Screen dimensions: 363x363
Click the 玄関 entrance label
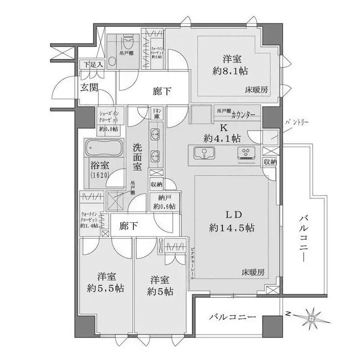click(x=88, y=87)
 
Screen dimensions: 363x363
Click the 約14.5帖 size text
click(x=231, y=228)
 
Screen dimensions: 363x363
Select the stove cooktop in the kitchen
click(x=248, y=153)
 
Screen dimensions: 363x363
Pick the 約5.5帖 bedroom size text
click(x=107, y=289)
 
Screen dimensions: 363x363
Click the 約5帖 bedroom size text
click(x=159, y=292)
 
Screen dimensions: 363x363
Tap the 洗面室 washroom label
click(x=137, y=157)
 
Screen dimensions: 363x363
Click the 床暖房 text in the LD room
click(x=254, y=272)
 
